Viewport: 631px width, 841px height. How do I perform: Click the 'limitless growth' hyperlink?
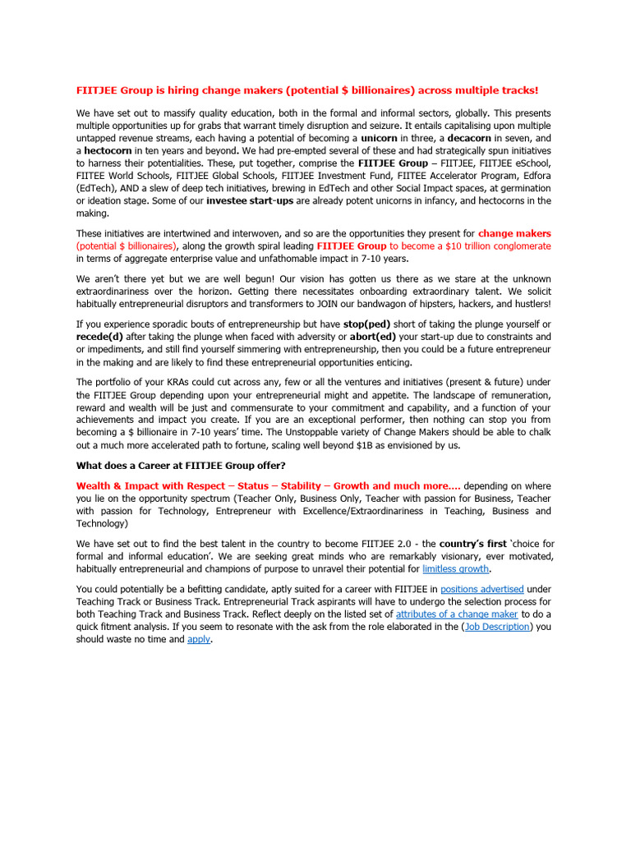click(x=456, y=568)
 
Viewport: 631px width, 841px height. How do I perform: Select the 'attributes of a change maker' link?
click(x=457, y=614)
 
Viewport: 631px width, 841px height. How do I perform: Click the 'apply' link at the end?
click(x=199, y=639)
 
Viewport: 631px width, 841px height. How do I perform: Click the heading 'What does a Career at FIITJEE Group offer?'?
click(x=182, y=466)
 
